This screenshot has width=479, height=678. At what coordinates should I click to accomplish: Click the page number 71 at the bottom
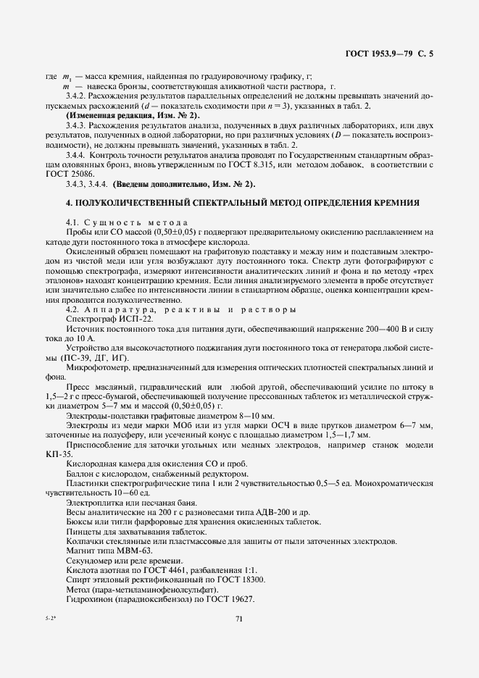pos(239,618)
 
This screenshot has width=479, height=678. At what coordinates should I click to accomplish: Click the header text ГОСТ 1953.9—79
pos(383,54)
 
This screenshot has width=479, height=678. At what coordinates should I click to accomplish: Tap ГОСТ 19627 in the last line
pos(223,598)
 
